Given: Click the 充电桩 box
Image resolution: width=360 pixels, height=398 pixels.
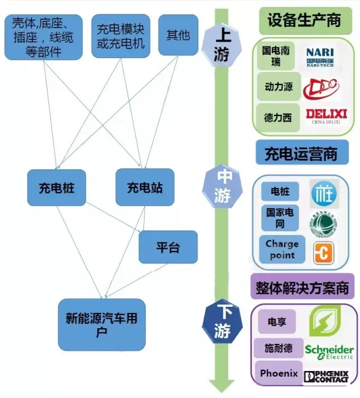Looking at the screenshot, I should [x=57, y=187].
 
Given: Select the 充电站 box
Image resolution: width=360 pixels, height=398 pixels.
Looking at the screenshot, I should [x=145, y=187].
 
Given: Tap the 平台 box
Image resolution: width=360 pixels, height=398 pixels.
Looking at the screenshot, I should [x=168, y=247].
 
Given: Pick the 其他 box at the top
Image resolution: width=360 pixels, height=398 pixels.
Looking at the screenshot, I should [x=178, y=35].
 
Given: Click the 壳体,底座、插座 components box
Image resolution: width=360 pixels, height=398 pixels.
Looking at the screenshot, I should [x=43, y=38].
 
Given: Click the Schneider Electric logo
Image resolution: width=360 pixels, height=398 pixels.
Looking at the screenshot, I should [x=329, y=353].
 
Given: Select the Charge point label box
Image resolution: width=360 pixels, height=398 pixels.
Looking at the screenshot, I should [x=282, y=249].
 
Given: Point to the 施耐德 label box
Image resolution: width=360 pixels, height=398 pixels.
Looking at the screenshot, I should [x=278, y=348].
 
